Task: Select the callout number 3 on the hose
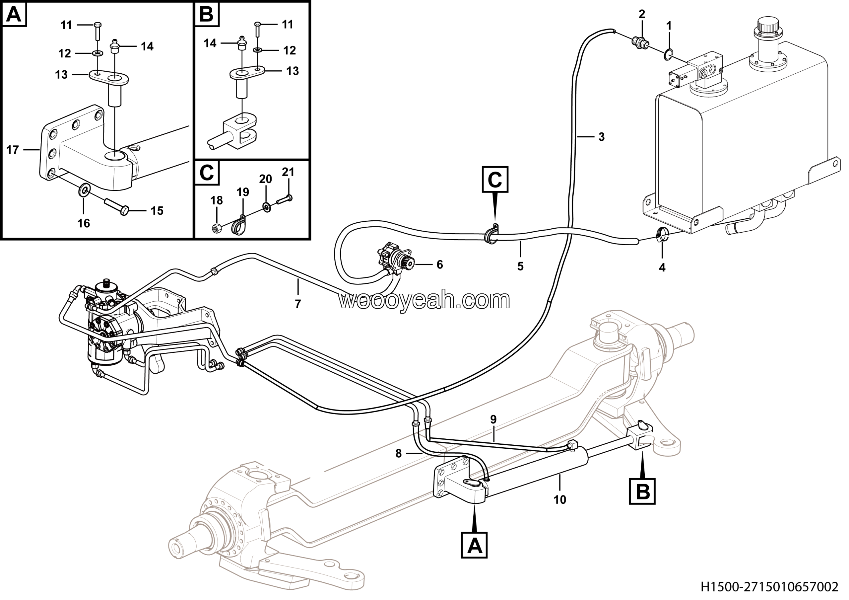click(602, 137)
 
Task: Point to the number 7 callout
click(298, 304)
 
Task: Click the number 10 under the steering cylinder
click(560, 500)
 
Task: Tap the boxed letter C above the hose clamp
click(495, 180)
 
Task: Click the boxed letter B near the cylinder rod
click(642, 491)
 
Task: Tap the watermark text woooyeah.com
click(424, 300)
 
